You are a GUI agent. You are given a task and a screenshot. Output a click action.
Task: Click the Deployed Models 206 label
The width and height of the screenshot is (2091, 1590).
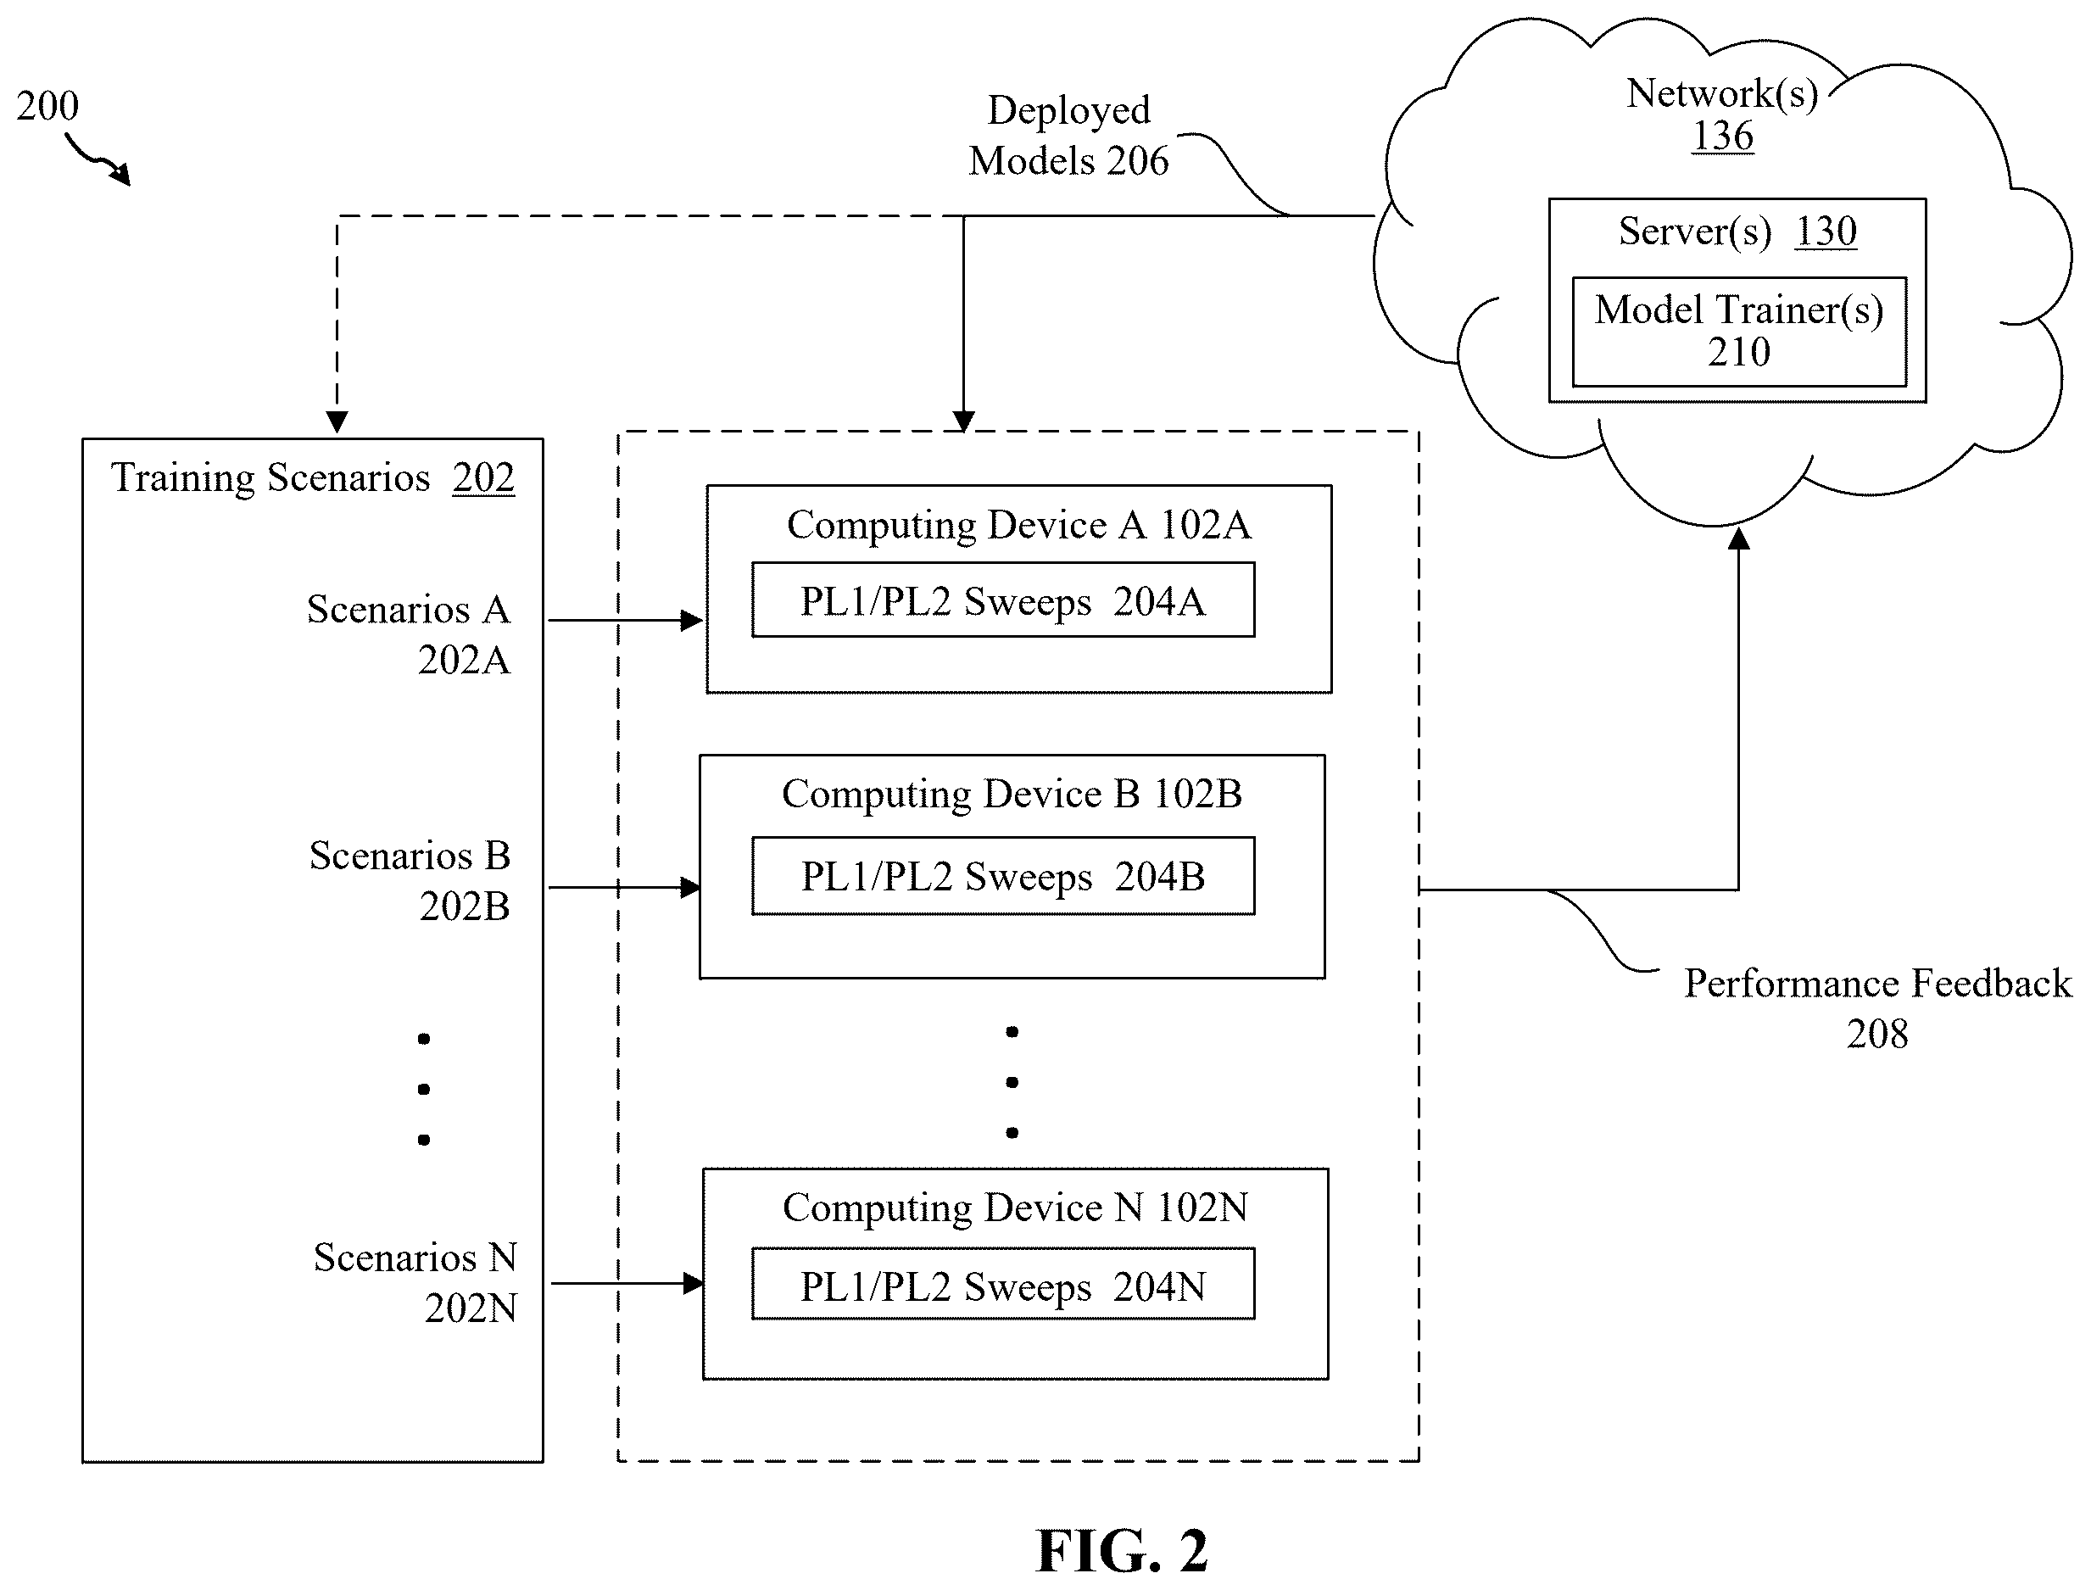tap(1068, 136)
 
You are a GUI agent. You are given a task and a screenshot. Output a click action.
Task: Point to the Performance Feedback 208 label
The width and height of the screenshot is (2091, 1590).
tap(1877, 1009)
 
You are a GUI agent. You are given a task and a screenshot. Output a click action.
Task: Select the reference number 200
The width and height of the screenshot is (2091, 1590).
tap(47, 105)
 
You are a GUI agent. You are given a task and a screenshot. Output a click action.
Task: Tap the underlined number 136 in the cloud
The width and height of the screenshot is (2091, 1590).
tap(1722, 136)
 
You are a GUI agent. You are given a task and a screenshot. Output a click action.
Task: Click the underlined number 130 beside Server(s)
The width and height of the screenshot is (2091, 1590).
tap(1826, 231)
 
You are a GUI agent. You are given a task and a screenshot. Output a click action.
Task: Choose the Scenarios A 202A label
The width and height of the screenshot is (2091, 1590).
tap(409, 634)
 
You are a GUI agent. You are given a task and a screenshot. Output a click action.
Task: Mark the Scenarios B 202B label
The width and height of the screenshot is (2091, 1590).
tap(410, 880)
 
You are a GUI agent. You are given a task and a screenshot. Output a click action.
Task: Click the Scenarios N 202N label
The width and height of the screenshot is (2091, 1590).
tap(415, 1282)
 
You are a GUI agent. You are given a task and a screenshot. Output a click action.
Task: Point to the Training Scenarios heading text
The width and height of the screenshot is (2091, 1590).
tap(270, 478)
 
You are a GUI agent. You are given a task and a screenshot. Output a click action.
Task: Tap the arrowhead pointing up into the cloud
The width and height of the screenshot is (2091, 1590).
tap(1739, 538)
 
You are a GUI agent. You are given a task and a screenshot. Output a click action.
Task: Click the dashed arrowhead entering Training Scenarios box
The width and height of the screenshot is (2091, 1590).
tap(337, 422)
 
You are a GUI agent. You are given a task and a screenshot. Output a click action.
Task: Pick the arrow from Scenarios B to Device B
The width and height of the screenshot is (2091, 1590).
tap(624, 888)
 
